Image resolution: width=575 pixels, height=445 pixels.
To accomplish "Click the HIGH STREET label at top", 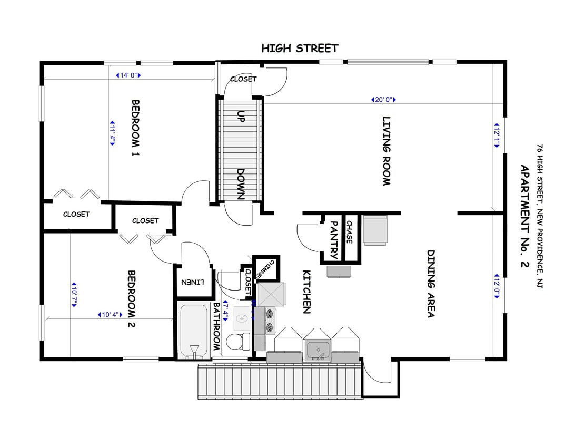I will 300,49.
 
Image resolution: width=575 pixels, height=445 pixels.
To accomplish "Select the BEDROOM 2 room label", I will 132,299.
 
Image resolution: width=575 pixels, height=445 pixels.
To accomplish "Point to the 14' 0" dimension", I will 128,75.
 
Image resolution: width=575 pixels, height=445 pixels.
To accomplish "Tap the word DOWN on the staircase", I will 241,183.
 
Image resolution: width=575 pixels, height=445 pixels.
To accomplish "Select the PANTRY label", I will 333,240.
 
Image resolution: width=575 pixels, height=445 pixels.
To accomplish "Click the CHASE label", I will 349,232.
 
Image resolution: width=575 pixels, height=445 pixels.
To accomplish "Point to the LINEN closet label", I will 192,282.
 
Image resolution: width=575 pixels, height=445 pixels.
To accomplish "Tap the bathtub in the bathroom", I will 193,331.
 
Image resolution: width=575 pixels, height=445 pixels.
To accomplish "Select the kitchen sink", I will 318,350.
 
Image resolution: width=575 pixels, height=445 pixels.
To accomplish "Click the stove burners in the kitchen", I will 270,321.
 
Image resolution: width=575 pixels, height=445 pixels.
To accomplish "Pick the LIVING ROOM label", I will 386,151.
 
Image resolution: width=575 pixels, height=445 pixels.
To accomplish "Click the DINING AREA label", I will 430,284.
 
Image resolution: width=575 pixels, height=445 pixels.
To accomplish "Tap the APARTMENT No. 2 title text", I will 524,217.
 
